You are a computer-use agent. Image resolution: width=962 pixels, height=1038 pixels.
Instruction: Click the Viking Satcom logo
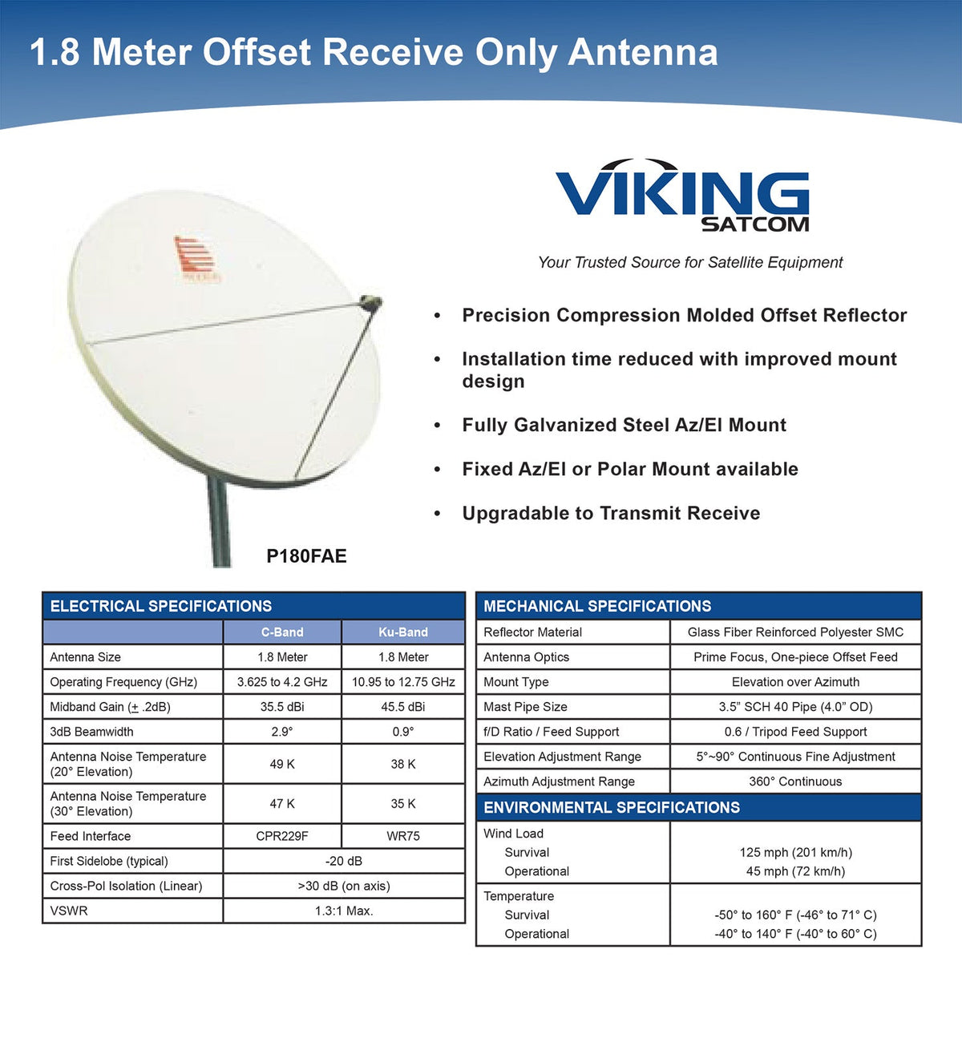682,196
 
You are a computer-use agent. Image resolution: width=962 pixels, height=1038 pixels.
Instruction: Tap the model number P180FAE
306,556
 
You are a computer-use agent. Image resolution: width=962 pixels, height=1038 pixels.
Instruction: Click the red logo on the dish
195,260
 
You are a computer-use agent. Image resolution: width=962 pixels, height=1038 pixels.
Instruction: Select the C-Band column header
282,632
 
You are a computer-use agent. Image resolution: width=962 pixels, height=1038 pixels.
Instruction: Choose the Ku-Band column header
403,632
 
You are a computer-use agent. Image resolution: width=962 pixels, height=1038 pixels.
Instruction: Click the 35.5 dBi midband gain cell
282,707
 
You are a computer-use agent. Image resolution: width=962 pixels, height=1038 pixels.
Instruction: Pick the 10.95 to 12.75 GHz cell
403,682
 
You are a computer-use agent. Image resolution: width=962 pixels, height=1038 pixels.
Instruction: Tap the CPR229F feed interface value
282,836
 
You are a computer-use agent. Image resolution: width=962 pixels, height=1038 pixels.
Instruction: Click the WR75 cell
403,836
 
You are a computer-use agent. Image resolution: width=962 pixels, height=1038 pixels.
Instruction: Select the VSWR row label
69,911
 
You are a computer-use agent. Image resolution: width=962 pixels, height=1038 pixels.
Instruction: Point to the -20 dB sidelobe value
344,861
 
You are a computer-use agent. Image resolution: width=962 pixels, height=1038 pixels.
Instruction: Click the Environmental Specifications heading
612,807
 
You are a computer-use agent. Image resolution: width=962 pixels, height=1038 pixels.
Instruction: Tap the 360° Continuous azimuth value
795,782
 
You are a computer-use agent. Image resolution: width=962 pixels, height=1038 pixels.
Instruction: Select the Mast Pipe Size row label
525,707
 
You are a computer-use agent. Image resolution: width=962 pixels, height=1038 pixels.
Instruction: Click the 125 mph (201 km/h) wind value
795,853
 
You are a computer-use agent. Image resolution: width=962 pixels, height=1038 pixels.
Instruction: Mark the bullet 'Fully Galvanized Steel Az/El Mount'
624,425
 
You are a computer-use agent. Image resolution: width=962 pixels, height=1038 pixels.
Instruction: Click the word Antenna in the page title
643,53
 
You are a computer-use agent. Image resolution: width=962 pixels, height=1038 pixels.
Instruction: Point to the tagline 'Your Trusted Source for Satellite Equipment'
690,262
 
